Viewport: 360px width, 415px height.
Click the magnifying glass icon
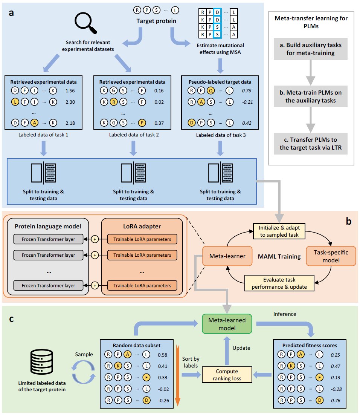click(85, 23)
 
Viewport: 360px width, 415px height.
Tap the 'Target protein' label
click(156, 21)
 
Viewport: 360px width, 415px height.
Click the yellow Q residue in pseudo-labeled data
click(211, 90)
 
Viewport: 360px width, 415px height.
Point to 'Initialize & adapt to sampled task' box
click(278, 231)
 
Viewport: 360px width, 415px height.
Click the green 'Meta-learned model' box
click(227, 324)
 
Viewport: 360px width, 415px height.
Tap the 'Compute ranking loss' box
click(227, 374)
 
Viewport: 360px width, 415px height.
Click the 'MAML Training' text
click(279, 257)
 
